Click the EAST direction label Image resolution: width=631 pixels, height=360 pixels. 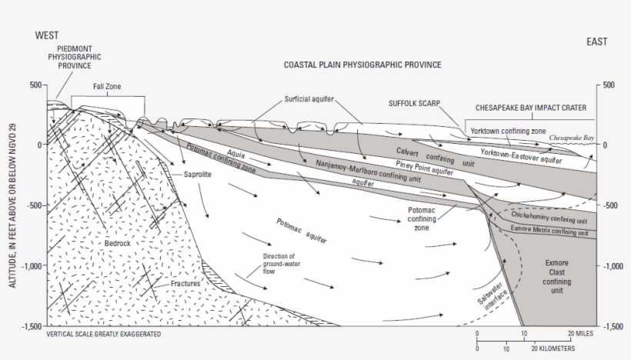(596, 42)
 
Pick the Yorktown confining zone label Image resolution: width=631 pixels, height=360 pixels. (509, 131)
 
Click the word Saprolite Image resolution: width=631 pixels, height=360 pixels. (197, 175)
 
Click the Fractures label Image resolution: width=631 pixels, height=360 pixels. (185, 284)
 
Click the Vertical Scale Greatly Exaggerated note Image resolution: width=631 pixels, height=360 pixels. (105, 335)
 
